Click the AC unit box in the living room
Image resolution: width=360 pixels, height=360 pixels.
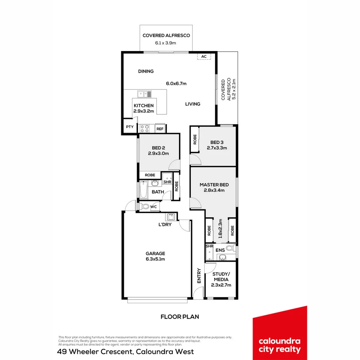click(204, 56)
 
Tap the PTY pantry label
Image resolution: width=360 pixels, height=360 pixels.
click(129, 127)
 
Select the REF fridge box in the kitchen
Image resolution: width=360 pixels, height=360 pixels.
click(160, 129)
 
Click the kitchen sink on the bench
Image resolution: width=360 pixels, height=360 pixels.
click(145, 94)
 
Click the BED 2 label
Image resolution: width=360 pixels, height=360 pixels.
click(158, 148)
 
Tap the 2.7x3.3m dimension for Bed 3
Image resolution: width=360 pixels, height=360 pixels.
click(217, 148)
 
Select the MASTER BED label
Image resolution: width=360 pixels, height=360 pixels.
click(214, 185)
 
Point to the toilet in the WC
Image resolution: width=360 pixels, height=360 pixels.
click(144, 207)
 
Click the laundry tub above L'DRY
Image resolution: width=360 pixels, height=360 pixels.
click(171, 217)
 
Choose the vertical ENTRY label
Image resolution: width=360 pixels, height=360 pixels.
click(199, 276)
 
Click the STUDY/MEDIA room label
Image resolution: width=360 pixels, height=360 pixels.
click(221, 277)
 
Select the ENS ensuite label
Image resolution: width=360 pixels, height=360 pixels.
click(220, 250)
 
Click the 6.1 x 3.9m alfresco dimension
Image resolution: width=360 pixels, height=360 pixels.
click(166, 43)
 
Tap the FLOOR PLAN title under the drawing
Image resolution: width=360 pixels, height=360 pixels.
click(180, 317)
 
